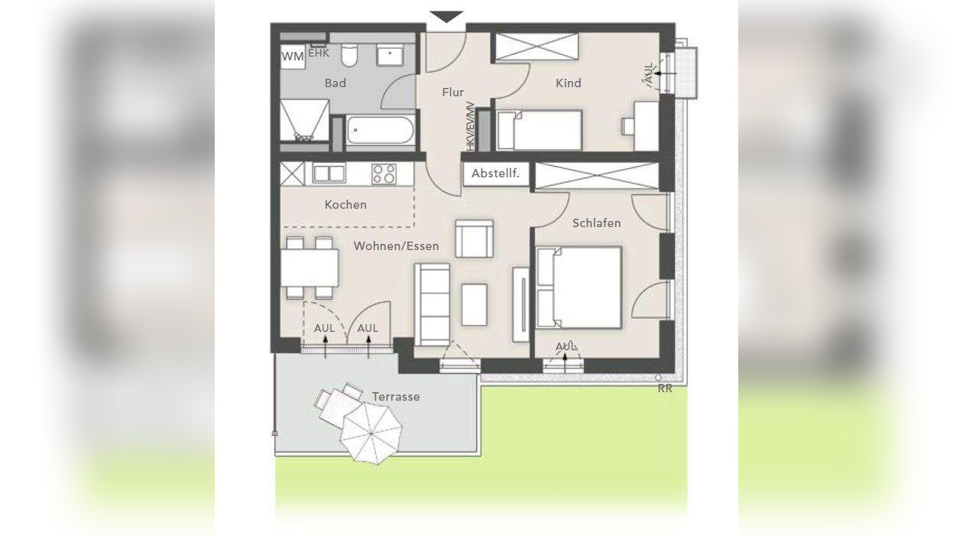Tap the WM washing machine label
click(x=293, y=57)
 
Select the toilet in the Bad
click(x=350, y=55)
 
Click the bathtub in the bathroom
click(x=381, y=131)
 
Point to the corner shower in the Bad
click(x=303, y=123)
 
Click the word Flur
click(x=453, y=93)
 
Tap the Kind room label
click(x=569, y=83)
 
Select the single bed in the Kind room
click(x=540, y=129)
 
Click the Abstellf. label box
click(x=495, y=174)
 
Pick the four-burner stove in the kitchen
click(x=384, y=174)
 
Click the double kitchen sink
click(x=329, y=174)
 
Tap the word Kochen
click(x=345, y=204)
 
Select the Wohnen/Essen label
click(x=396, y=246)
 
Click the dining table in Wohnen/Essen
click(x=310, y=268)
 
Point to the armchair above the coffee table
click(x=474, y=238)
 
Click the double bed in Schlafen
click(x=579, y=287)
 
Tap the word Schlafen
click(x=596, y=223)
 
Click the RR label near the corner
click(x=665, y=388)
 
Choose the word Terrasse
click(x=396, y=397)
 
